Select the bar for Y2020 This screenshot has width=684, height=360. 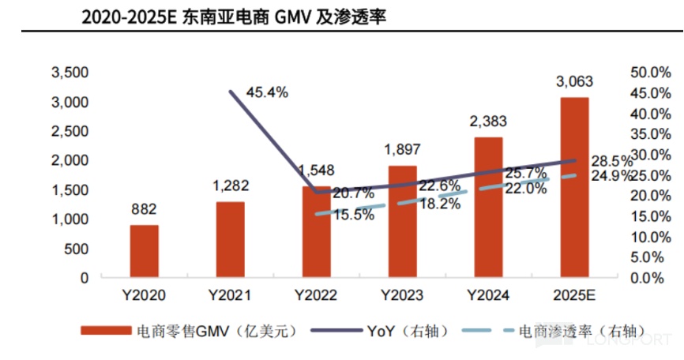pyautogui.click(x=144, y=251)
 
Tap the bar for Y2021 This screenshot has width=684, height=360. pyautogui.click(x=230, y=239)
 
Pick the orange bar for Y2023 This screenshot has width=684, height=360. pyautogui.click(x=402, y=222)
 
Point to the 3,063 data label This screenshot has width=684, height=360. pyautogui.click(x=574, y=81)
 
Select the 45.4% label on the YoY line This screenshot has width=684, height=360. pyautogui.click(x=267, y=92)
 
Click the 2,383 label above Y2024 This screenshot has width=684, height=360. pyautogui.click(x=488, y=122)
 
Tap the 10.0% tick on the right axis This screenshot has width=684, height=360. pyautogui.click(x=651, y=237)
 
